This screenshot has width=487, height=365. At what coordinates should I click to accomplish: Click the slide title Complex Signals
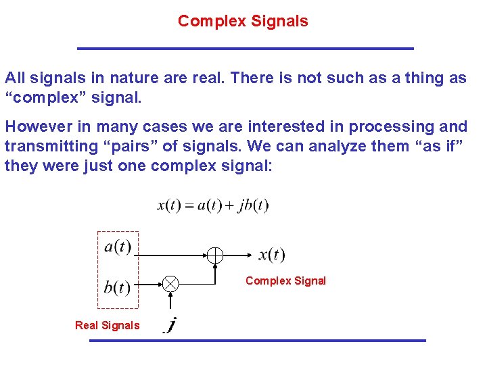coord(243,21)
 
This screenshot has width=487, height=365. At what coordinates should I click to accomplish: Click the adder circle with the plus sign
coord(214,255)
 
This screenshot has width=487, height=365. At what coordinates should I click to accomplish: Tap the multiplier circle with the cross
coord(171,285)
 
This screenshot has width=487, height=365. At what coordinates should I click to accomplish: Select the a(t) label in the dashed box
coord(118,247)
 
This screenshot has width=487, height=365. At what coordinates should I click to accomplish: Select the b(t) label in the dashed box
coord(117,287)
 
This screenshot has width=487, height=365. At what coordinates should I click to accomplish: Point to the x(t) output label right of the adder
coord(272,255)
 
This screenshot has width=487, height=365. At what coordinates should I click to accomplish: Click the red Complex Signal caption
coord(285,281)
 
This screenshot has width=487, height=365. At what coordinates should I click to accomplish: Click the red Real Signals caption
coord(107,325)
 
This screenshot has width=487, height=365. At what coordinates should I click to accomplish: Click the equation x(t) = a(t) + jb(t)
coord(213,205)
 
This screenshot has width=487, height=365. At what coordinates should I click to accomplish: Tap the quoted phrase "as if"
coord(438,146)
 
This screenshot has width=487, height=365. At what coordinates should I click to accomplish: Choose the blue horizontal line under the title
coord(245,49)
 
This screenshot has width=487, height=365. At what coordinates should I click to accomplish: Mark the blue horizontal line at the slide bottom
coord(258,340)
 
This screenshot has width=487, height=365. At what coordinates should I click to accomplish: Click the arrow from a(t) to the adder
coord(169,255)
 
